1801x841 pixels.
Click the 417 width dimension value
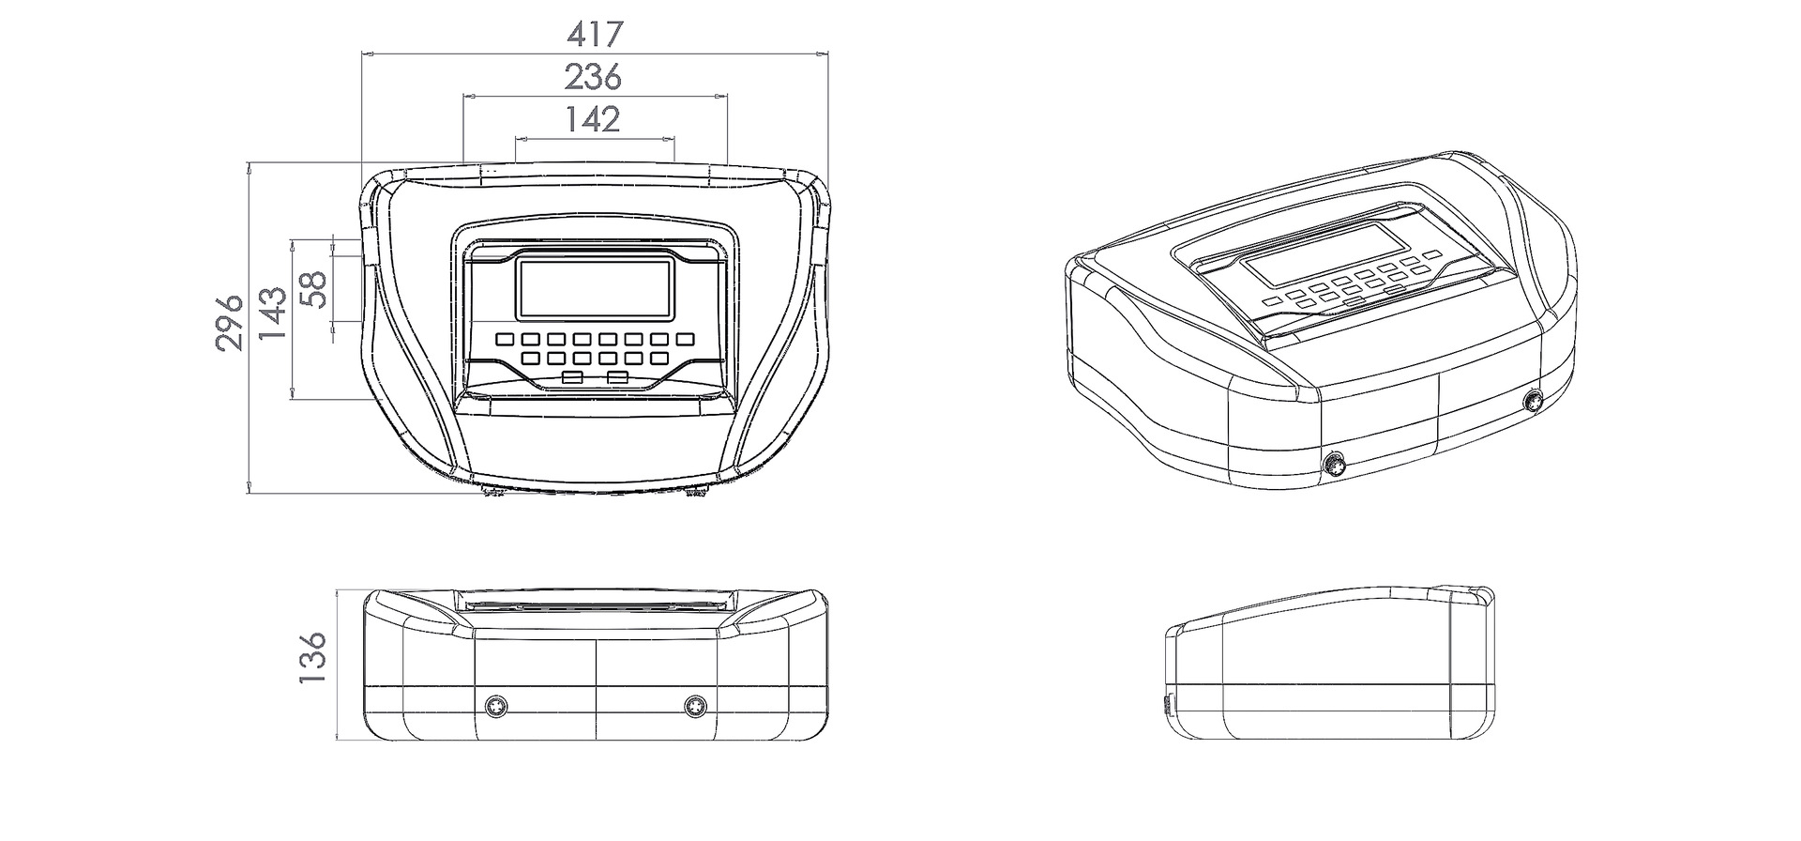595,35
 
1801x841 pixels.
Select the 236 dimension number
593,77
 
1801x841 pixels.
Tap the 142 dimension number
593,119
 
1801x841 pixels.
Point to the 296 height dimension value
230,323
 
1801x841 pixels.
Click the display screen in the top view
596,289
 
